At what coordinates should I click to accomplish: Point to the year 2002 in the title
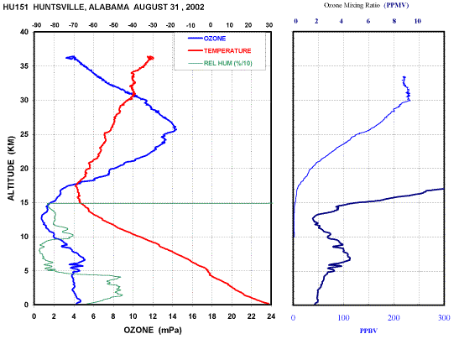[x=195, y=7]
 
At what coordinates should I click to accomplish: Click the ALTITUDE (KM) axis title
[x=11, y=169]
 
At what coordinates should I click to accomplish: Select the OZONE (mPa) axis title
[x=153, y=330]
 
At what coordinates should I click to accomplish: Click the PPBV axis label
[x=368, y=331]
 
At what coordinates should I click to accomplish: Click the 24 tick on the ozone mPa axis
[x=271, y=316]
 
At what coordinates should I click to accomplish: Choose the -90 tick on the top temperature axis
[x=36, y=25]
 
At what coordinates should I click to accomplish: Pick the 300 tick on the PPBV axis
[x=444, y=318]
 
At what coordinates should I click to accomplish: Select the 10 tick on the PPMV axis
[x=417, y=21]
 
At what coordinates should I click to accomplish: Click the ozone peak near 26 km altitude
[x=175, y=128]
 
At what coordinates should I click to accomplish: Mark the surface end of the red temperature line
[x=269, y=304]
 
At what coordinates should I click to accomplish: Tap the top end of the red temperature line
[x=151, y=58]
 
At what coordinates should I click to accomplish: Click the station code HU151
[x=15, y=7]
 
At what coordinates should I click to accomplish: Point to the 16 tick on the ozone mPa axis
[x=192, y=316]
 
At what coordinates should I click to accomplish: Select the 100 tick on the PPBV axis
[x=344, y=318]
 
